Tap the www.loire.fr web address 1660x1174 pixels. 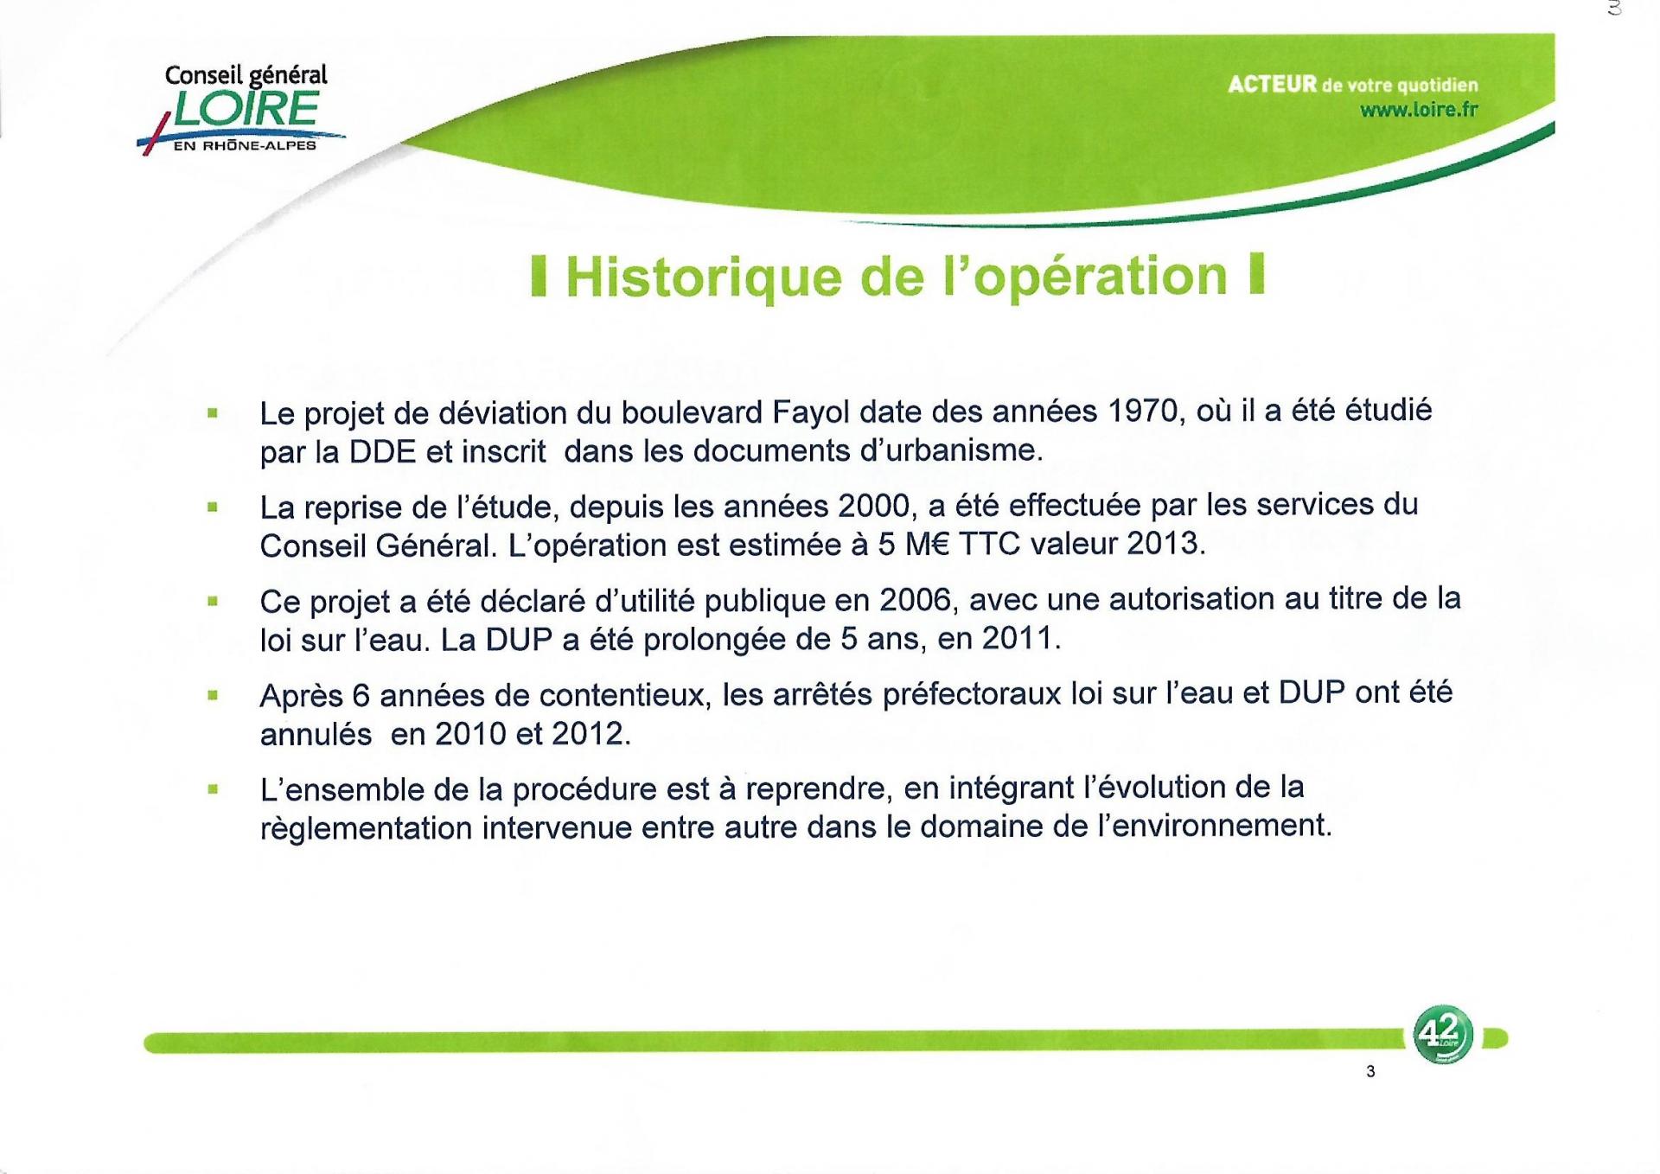(x=1419, y=110)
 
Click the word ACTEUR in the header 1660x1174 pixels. (x=1272, y=84)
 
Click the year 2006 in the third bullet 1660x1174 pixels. (x=916, y=599)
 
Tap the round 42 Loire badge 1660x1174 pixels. (x=1442, y=1035)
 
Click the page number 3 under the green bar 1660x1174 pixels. (x=1370, y=1072)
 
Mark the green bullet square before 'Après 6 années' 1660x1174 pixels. (x=212, y=693)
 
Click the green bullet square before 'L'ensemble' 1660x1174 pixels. (x=212, y=788)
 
